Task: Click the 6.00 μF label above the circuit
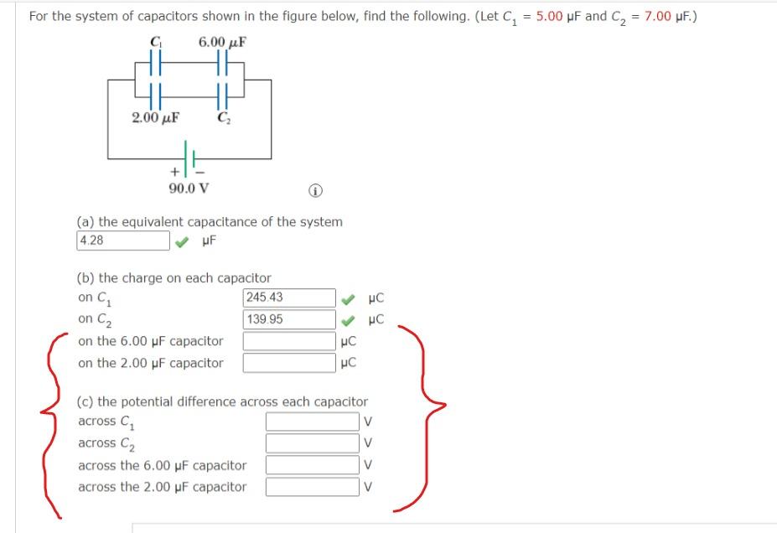click(x=222, y=42)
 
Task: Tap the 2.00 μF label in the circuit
click(x=156, y=117)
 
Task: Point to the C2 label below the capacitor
click(x=223, y=117)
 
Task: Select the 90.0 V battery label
click(x=188, y=188)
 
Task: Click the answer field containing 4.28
click(x=123, y=241)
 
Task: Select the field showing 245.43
click(x=290, y=298)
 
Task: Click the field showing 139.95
click(x=290, y=319)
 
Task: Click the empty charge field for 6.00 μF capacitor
click(x=290, y=341)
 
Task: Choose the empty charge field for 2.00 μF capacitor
click(x=290, y=363)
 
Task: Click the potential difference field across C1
click(x=313, y=422)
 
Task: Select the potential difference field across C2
click(x=313, y=443)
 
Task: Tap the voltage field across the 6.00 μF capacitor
click(x=313, y=465)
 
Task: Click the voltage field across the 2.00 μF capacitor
click(x=313, y=487)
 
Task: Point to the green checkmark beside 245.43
click(x=348, y=298)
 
